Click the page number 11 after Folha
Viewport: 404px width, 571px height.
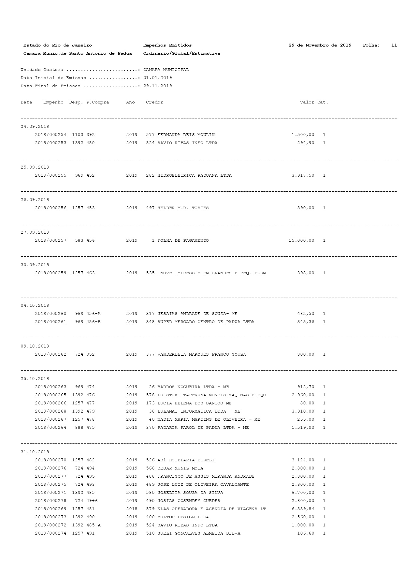pos(394,45)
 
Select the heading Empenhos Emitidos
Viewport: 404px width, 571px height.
pos(167,45)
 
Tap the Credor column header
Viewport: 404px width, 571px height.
pos(154,102)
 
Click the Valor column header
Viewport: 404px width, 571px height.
pos(307,102)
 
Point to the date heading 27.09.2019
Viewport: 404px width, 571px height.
pos(35,232)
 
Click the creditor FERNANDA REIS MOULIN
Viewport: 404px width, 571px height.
pos(186,135)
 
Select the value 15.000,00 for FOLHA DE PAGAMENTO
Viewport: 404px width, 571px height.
pos(301,240)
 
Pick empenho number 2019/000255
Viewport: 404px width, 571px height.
pos(50,175)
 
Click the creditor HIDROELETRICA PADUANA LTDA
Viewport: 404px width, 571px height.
pos(194,175)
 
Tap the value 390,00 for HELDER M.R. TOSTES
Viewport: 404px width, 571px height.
pos(306,208)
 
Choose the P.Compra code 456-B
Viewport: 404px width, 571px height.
pos(94,322)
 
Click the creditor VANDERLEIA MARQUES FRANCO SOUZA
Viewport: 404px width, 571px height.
pos(201,354)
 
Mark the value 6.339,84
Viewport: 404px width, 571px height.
pos(303,509)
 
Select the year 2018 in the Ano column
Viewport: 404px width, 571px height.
pos(132,509)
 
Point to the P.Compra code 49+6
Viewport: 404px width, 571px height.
pos(92,501)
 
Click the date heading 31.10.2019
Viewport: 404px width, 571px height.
pos(35,452)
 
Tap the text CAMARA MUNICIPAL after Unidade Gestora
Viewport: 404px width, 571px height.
pos(166,70)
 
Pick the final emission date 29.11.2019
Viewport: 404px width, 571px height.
pos(157,86)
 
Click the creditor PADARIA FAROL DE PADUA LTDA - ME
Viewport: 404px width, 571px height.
pos(203,428)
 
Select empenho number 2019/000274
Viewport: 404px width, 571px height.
pos(50,533)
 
